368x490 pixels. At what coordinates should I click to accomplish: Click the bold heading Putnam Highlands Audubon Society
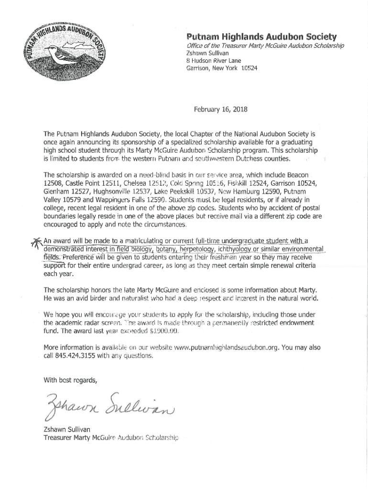261,36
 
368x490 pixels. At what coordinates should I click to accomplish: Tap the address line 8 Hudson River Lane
214,61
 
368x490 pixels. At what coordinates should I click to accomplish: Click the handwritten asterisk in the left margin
35,242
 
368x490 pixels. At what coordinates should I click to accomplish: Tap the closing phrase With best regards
70,380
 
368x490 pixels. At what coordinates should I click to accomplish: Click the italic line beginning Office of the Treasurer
265,45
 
